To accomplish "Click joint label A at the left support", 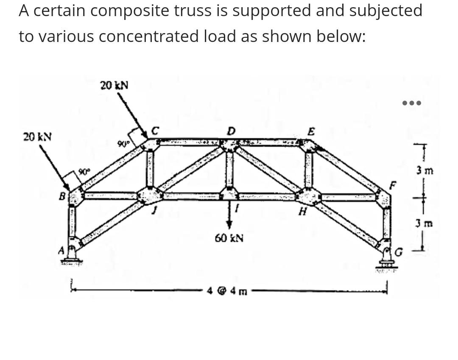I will coord(61,251).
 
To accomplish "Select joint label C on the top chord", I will coord(155,131).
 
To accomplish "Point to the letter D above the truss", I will coord(231,131).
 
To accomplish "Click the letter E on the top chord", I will coord(311,132).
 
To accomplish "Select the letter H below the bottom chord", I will coord(302,212).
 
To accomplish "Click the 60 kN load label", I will coord(229,238).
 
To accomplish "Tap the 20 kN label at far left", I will coord(37,137).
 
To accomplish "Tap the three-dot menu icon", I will coord(411,103).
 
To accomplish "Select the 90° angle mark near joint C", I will coord(124,145).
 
